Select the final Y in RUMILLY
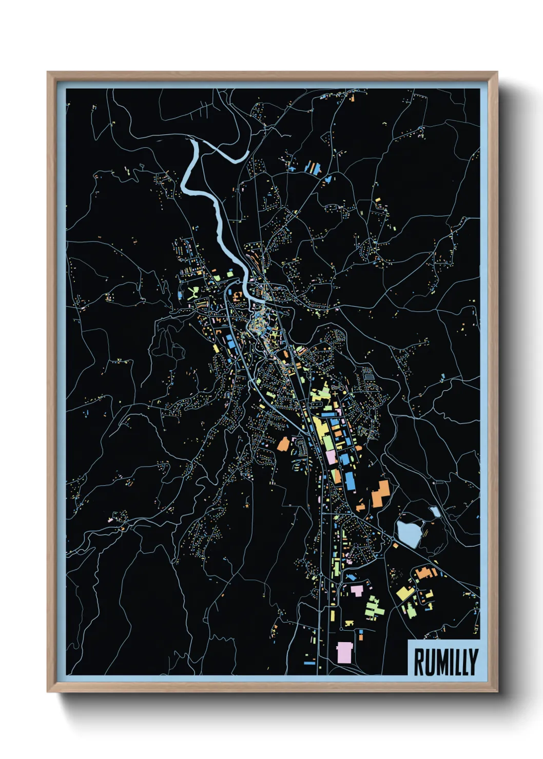472,662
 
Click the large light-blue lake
409,532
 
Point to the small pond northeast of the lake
435,511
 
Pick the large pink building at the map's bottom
344,652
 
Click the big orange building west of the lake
380,493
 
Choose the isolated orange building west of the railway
283,444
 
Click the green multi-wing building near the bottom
375,607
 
